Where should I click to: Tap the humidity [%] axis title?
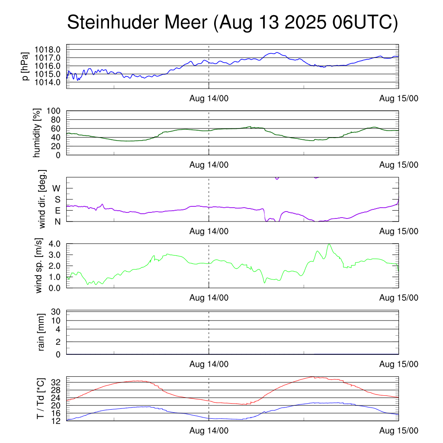[x=37, y=133]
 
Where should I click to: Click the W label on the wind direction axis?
[x=56, y=188]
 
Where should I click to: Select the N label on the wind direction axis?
[x=57, y=221]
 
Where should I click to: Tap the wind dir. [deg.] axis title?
[x=42, y=199]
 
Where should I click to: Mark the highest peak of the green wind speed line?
[x=330, y=244]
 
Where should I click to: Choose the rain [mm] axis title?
[x=42, y=332]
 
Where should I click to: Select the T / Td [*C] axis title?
[x=40, y=398]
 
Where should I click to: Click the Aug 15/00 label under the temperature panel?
[x=399, y=431]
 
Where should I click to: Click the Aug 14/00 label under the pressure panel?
[x=209, y=99]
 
